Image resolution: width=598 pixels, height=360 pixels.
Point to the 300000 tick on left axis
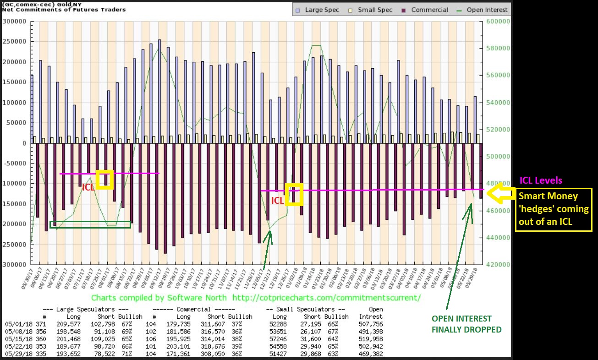(14, 21)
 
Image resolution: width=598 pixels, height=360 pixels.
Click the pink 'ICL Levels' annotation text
(541, 180)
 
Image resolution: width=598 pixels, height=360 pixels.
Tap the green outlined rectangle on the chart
(90, 224)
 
